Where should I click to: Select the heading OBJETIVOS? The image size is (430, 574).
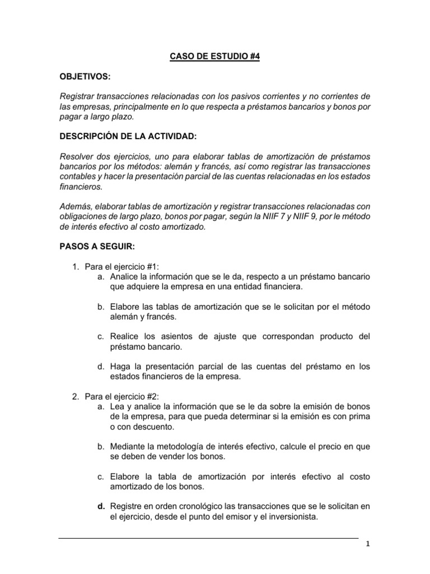click(x=84, y=76)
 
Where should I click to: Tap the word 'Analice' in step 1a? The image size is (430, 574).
click(x=125, y=276)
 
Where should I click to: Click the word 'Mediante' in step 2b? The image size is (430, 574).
click(x=129, y=447)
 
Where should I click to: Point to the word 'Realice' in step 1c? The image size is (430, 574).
click(x=125, y=336)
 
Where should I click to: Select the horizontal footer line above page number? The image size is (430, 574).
click(x=208, y=539)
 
